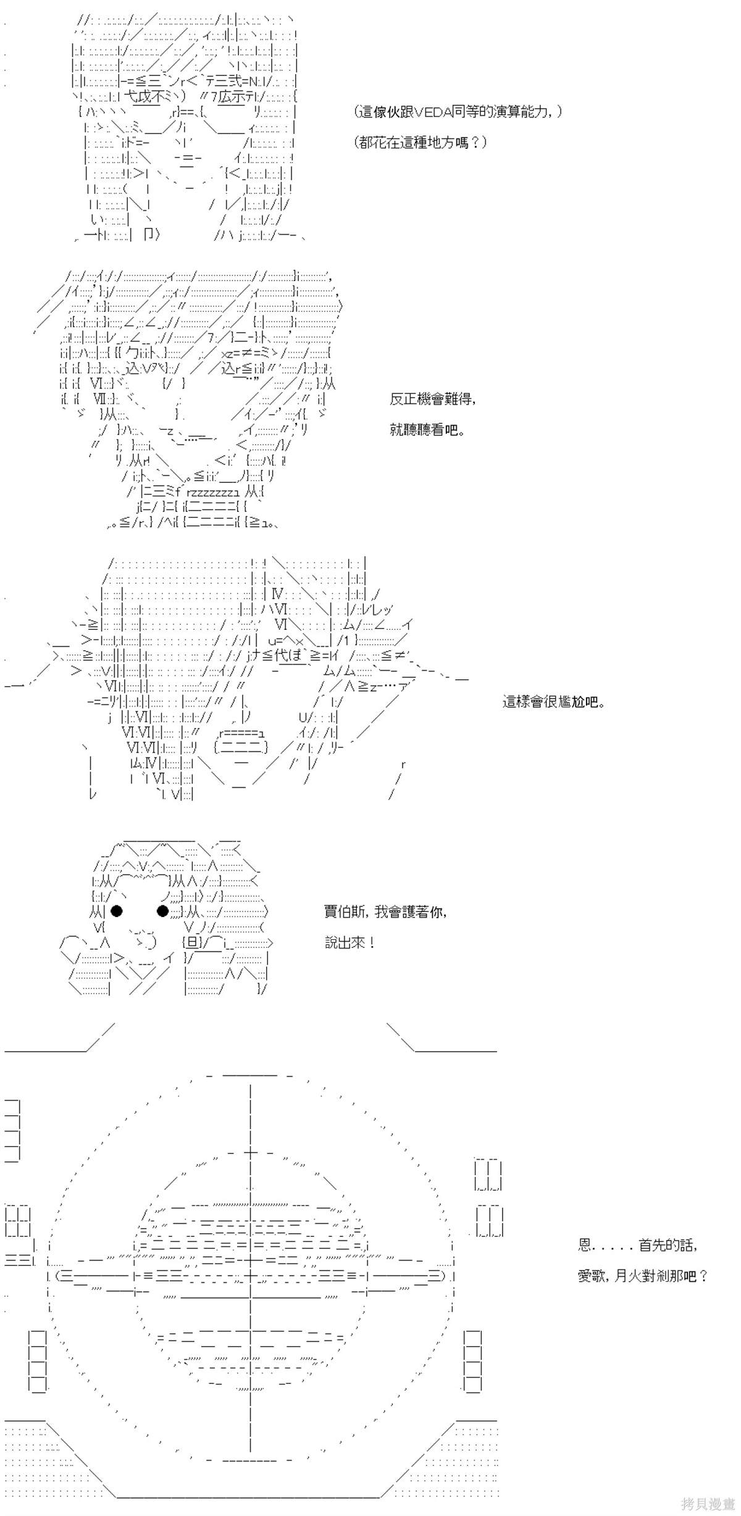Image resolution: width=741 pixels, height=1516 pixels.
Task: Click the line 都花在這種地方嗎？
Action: [421, 143]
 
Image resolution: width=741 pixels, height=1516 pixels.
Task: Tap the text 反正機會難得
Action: [432, 399]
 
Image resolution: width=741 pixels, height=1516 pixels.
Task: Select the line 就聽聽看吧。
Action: [427, 430]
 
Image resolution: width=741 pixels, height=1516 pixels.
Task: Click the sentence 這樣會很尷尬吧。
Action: [553, 702]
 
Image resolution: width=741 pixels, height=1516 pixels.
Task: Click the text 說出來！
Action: [350, 943]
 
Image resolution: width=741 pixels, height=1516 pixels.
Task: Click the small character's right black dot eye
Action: [163, 911]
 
